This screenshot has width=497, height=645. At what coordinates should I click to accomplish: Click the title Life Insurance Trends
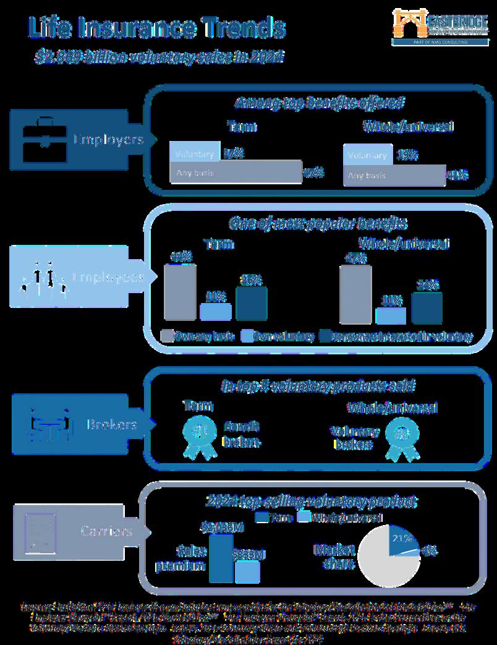point(156,28)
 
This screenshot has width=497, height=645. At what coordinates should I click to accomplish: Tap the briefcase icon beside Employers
point(41,139)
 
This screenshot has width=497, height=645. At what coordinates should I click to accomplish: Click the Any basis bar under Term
point(235,173)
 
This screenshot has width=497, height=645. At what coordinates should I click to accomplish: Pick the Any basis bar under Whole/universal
point(394,175)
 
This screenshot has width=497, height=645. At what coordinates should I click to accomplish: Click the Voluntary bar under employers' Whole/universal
point(368,155)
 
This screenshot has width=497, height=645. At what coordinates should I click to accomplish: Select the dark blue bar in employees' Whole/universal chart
point(427,308)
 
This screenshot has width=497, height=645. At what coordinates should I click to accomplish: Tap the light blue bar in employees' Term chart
point(215,312)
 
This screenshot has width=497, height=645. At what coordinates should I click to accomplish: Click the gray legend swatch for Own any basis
point(166,336)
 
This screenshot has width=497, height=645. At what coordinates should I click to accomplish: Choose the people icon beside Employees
point(44,277)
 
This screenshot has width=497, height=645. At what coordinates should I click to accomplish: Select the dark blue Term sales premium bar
point(221,558)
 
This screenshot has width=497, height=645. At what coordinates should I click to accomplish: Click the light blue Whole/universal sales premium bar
point(247,571)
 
